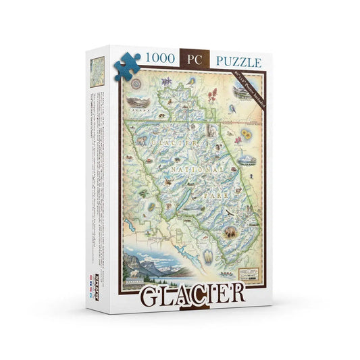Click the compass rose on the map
coord(134,85)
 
